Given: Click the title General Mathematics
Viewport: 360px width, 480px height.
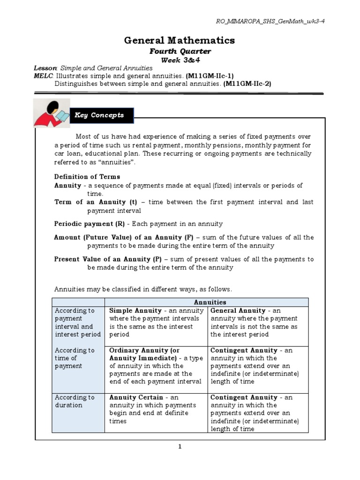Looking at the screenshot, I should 180,41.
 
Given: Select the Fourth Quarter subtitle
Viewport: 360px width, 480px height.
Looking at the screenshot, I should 180,52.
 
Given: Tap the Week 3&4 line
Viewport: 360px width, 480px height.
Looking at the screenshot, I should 180,60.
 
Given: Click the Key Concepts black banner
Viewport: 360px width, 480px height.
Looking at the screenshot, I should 101,115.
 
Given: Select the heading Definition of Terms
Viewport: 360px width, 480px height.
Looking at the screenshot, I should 87,177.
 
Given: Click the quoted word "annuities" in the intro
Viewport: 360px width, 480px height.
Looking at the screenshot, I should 119,162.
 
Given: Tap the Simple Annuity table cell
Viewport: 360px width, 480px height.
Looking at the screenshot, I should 156,322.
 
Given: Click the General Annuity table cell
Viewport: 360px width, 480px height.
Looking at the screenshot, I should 257,322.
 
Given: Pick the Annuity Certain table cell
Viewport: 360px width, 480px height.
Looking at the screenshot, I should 156,409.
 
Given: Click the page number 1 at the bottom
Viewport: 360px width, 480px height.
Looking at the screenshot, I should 180,447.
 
